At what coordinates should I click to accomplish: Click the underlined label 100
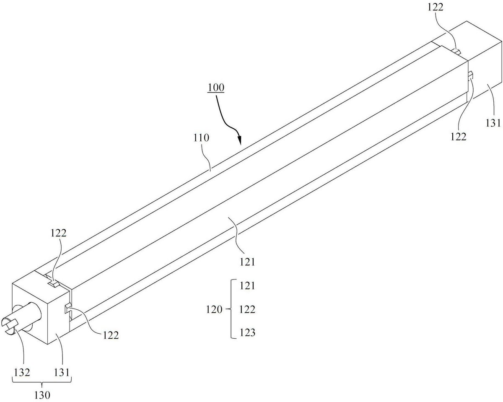216,88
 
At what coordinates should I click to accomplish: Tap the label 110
201,137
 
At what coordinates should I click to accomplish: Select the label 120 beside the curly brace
214,310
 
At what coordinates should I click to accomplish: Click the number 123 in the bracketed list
247,332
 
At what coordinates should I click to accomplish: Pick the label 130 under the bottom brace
42,395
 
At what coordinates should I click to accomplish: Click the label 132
22,372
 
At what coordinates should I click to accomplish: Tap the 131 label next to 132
62,372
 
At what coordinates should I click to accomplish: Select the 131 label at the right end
493,123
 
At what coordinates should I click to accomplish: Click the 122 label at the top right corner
436,7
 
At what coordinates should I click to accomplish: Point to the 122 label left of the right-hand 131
458,137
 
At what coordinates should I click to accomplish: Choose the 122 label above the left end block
59,233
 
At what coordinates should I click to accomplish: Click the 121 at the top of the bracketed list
247,285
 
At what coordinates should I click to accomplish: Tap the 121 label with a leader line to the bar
247,262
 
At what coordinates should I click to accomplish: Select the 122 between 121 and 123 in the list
247,310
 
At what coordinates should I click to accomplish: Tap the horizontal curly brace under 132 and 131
42,383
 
